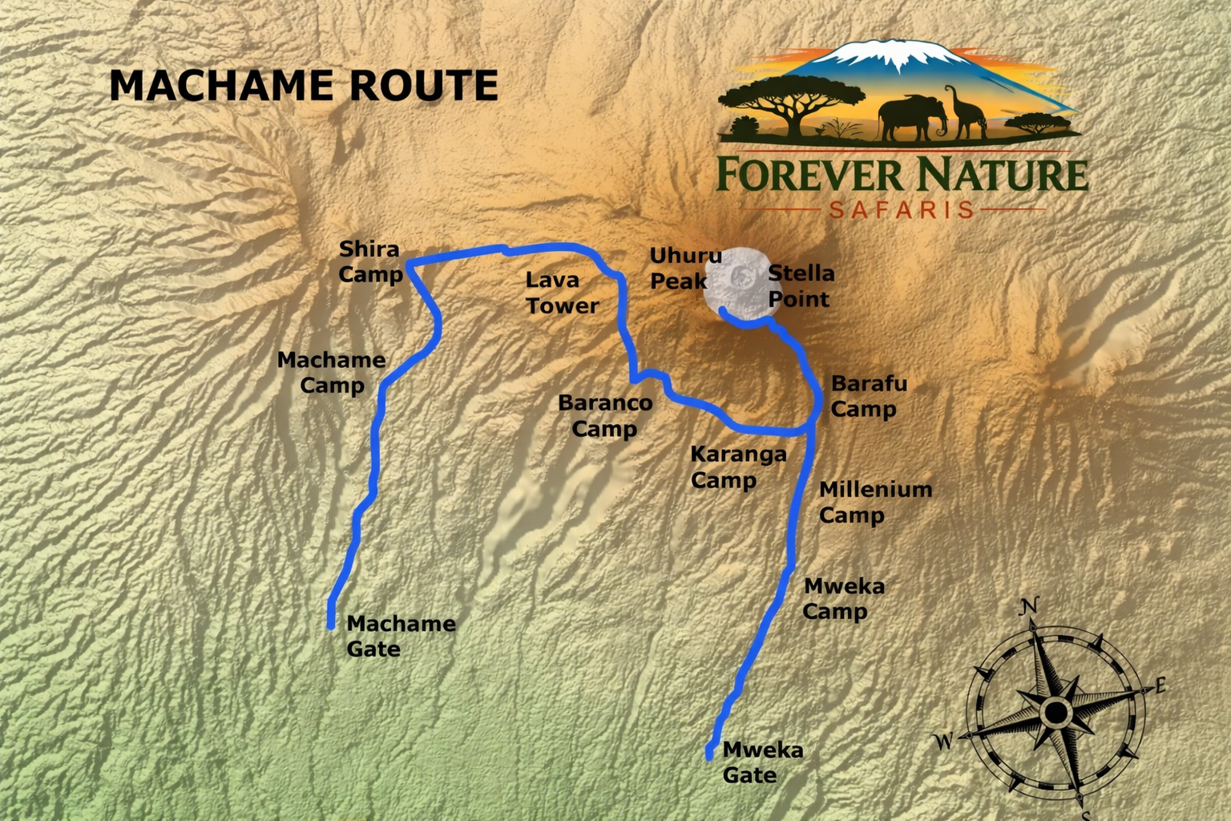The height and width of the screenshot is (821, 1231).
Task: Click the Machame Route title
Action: [303, 86]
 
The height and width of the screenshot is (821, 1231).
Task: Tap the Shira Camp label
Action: [369, 261]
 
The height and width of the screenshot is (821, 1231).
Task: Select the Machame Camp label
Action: [332, 373]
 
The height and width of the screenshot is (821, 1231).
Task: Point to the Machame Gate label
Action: [400, 636]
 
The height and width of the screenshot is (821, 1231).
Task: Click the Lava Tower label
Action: [561, 293]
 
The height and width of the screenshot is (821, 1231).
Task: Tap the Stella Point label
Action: [801, 286]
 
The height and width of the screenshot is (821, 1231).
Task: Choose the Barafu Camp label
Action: [868, 396]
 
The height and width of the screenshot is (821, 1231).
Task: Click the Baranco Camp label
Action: [605, 415]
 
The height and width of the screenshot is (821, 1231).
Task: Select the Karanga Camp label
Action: [737, 467]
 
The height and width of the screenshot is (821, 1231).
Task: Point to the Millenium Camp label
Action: [874, 502]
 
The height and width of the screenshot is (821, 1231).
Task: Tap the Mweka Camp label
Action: [843, 599]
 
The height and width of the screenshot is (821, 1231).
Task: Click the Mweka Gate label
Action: [761, 762]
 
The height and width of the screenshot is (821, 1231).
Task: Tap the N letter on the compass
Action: [1030, 607]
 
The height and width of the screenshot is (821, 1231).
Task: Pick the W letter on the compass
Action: [945, 741]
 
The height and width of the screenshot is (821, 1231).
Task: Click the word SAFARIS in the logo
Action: [902, 210]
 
